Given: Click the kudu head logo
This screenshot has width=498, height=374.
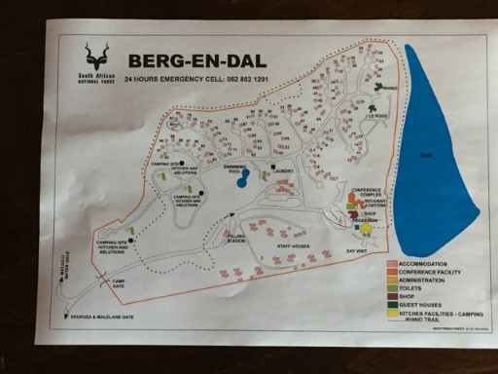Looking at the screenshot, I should tap(96, 56).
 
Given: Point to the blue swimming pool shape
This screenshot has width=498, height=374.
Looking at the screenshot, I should tap(243, 177).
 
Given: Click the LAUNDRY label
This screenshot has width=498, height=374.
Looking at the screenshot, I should tap(283, 171).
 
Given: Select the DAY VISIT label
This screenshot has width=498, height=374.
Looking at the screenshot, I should tap(359, 249).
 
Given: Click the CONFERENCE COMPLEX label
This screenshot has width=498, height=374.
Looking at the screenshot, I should tap(369, 193).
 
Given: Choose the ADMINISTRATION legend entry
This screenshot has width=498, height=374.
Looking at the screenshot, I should tap(427, 280).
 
